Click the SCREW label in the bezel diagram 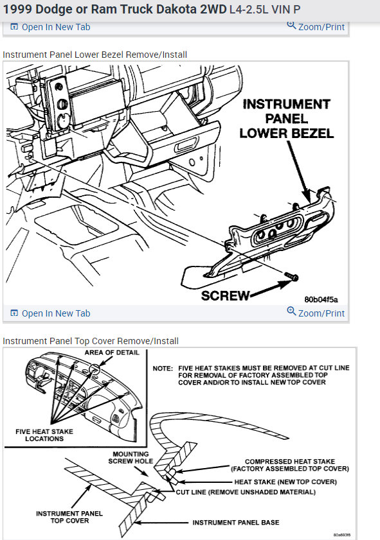(x=225, y=295)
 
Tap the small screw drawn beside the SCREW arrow (x=291, y=276)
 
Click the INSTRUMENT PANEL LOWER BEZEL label (x=287, y=119)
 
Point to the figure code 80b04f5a (x=321, y=300)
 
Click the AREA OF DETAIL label (x=112, y=353)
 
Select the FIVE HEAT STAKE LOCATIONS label (x=44, y=435)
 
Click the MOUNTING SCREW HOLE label (x=131, y=458)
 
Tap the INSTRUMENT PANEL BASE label (x=236, y=523)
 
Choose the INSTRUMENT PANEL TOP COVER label (x=69, y=517)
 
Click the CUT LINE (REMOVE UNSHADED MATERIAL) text (x=246, y=492)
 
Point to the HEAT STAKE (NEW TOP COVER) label (x=285, y=482)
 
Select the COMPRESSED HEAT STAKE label (x=290, y=461)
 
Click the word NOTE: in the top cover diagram (x=163, y=369)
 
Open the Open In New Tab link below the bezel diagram (x=51, y=313)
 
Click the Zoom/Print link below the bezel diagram (x=316, y=312)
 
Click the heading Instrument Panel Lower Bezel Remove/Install (x=95, y=55)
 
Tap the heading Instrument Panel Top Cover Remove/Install (x=91, y=341)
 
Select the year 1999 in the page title (x=17, y=9)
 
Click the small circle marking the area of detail (x=95, y=370)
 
